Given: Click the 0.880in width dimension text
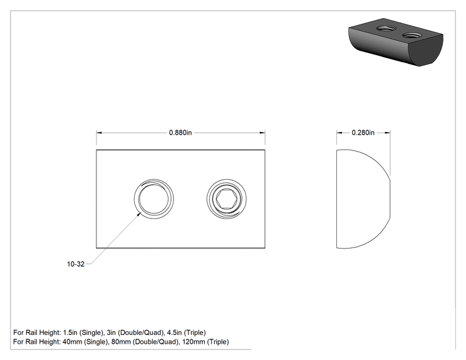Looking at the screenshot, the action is coord(180,133).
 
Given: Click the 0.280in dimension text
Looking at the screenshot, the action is coord(363,133).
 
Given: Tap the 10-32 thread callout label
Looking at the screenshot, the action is coord(76,264).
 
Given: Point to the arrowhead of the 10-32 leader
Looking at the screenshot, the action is coord(139,214).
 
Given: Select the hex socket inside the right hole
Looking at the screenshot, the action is coord(227,198).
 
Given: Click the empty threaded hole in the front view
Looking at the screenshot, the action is coord(153,198).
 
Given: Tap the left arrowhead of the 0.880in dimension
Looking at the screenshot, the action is coord(99,133).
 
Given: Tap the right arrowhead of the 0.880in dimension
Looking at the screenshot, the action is coord(262,133).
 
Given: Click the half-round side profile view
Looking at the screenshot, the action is coord(363,198).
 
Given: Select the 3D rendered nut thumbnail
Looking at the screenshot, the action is coord(396,42).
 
